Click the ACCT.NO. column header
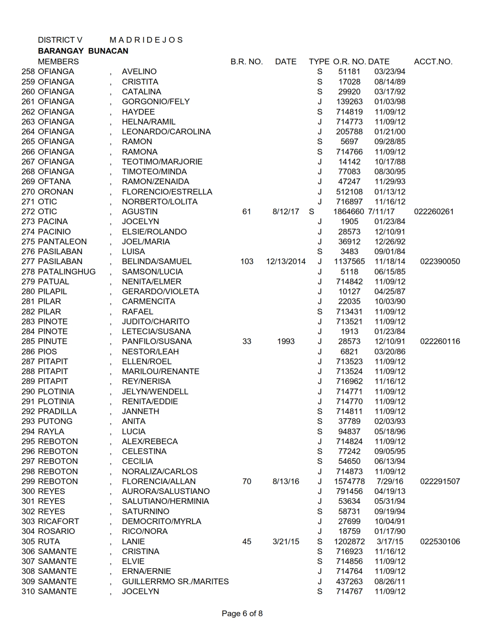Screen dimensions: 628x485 point(433,62)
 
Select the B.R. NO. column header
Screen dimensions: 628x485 point(246,62)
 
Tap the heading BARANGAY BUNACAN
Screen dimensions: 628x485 point(83,51)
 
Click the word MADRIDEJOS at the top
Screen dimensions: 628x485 point(146,40)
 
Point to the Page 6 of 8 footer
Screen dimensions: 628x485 point(242,614)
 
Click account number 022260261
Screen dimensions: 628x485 point(434,212)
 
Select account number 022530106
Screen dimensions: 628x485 point(440,542)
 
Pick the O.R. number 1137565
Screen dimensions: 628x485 point(349,261)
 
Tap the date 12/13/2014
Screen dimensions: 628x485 point(286,261)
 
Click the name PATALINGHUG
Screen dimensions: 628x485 point(67,272)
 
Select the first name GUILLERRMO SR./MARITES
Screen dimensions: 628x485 point(175,582)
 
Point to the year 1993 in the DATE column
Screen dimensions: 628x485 point(286,341)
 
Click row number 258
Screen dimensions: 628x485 point(28,72)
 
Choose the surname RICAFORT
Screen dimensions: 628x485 point(58,521)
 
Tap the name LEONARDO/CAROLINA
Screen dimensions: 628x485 point(166,132)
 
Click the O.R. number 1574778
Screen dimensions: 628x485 point(349,481)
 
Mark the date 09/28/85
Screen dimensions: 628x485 point(390,142)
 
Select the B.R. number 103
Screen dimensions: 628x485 point(246,261)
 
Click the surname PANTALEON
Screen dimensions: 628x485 point(62,242)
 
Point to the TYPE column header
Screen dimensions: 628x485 point(319,62)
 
